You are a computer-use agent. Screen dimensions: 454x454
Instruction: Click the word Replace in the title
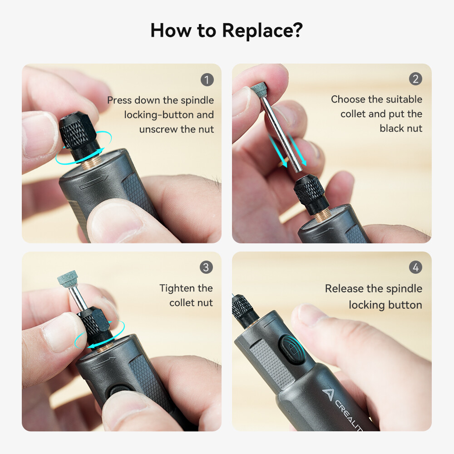coord(262,31)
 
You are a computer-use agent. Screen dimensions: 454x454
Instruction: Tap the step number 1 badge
coord(207,80)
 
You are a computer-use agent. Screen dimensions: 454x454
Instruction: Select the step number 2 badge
coord(415,79)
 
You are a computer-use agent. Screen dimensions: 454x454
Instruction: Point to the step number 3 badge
coord(206,267)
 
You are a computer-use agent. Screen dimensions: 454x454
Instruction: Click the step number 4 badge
coord(415,268)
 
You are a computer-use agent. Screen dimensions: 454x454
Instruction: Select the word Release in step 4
coord(345,289)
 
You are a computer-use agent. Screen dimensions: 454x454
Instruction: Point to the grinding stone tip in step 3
coord(68,284)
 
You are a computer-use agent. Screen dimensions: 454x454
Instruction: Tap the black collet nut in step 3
coord(95,323)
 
